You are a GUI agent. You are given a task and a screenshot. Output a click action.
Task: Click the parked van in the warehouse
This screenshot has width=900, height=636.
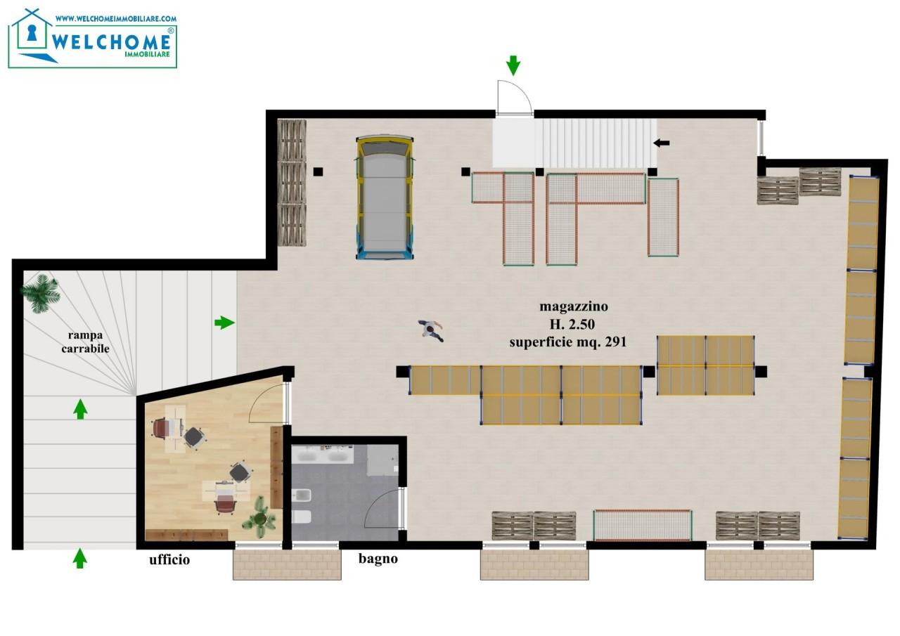coord(385,197)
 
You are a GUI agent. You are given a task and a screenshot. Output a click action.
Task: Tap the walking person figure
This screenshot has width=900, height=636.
coord(431,330)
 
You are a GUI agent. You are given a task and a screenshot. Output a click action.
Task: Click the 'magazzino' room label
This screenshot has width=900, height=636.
coord(573,307)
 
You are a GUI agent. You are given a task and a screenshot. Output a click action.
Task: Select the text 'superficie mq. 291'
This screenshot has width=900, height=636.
coord(567,342)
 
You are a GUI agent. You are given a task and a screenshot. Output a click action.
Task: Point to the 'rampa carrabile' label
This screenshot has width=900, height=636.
coord(85,342)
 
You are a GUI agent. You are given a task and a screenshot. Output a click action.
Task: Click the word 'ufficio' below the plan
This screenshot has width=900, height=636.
coord(169,559)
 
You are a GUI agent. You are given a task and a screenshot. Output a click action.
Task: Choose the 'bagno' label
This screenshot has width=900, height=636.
coord(378,559)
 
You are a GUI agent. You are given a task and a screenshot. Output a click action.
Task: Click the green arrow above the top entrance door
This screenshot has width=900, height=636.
coord(513,65)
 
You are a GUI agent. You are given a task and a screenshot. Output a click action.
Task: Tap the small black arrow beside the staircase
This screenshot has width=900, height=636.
coord(662,143)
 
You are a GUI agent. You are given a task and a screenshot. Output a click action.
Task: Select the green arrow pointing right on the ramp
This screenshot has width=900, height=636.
coord(224,323)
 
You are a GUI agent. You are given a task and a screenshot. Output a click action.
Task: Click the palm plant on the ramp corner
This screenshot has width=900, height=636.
coord(40,293)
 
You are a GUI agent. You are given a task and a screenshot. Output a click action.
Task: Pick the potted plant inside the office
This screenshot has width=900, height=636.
coord(260,517)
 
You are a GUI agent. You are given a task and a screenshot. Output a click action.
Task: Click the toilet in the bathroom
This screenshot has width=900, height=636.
coord(301,517)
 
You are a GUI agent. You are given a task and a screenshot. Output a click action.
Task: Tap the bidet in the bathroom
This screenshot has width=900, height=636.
coord(302,496)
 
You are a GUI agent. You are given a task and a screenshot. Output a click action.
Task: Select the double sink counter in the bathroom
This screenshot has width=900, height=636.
coord(323,455)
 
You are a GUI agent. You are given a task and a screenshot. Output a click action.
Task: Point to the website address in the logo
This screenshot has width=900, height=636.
coord(116,18)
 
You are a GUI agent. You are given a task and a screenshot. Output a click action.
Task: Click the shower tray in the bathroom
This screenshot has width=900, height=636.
coord(382,460)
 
